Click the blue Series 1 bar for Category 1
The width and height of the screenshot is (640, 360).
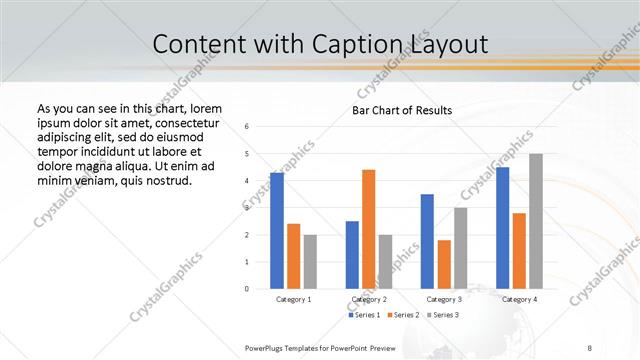277,230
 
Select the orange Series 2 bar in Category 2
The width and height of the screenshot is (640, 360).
368,229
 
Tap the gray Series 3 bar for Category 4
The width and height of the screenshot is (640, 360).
536,221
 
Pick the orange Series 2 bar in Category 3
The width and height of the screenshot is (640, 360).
444,264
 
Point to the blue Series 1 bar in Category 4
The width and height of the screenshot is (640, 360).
502,228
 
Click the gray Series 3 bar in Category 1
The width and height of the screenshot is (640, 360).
310,262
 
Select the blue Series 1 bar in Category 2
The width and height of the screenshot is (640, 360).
352,255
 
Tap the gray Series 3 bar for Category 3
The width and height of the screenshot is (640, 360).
460,248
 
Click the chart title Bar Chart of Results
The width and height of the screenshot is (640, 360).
402,110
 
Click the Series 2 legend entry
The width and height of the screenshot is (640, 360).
403,315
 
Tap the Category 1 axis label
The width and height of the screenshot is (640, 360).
293,299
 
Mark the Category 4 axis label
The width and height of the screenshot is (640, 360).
519,299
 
